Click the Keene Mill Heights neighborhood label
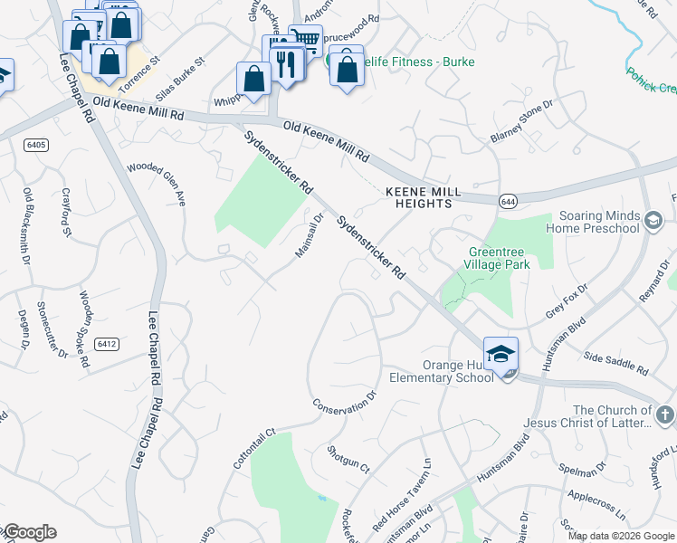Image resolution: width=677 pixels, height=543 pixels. (x=418, y=198)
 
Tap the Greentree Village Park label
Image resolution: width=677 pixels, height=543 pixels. (x=499, y=258)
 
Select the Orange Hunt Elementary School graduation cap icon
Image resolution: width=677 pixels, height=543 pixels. (x=501, y=355)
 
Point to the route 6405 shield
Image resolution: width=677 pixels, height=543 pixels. (x=36, y=145)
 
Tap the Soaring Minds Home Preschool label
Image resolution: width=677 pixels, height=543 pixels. (x=599, y=222)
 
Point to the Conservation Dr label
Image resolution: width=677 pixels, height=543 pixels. (x=344, y=402)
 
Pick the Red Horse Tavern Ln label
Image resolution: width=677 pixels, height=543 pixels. (x=401, y=501)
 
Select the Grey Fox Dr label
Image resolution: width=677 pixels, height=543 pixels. (x=567, y=302)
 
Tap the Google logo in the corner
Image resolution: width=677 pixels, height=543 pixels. (x=29, y=532)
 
